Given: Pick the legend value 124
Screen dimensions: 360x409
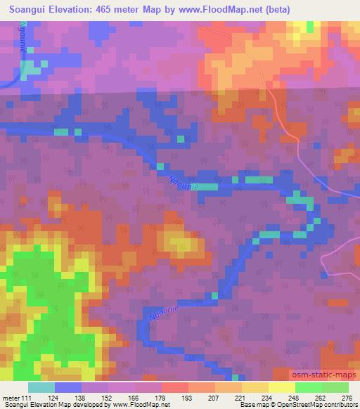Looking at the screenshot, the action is [x=69, y=397].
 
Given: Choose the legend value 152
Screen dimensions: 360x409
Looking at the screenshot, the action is [x=122, y=397].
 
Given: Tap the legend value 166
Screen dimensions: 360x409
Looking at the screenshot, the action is [x=148, y=397].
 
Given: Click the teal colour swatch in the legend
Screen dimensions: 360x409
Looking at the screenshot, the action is [x=41, y=387].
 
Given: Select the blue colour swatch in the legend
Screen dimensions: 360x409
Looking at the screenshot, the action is [x=68, y=387].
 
